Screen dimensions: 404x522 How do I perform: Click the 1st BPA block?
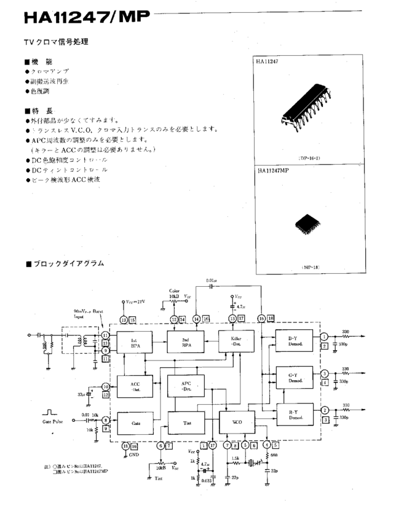coord(135,343)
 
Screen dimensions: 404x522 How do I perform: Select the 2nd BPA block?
coord(186,343)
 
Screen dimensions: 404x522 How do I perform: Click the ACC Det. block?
coord(135,386)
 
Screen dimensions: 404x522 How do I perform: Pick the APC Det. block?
coord(186,386)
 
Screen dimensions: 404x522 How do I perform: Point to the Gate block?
coord(135,423)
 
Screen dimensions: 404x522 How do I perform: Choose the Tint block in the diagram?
coord(186,423)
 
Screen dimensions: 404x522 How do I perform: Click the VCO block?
coord(237,423)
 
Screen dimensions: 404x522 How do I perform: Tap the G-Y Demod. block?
coord(292,378)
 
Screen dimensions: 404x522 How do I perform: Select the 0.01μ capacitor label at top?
coord(212,281)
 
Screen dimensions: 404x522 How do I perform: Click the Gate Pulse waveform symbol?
coord(50,413)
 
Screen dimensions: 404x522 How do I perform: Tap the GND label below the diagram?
coord(133,455)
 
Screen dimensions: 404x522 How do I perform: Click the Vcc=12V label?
coord(136,303)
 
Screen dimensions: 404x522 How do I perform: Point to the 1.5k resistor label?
coord(236,458)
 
